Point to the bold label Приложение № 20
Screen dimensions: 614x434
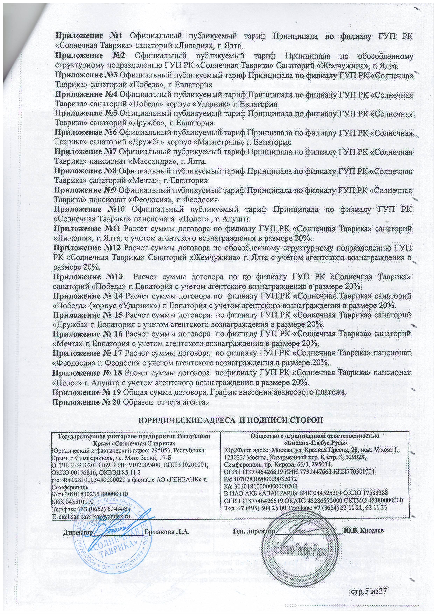click(87, 402)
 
